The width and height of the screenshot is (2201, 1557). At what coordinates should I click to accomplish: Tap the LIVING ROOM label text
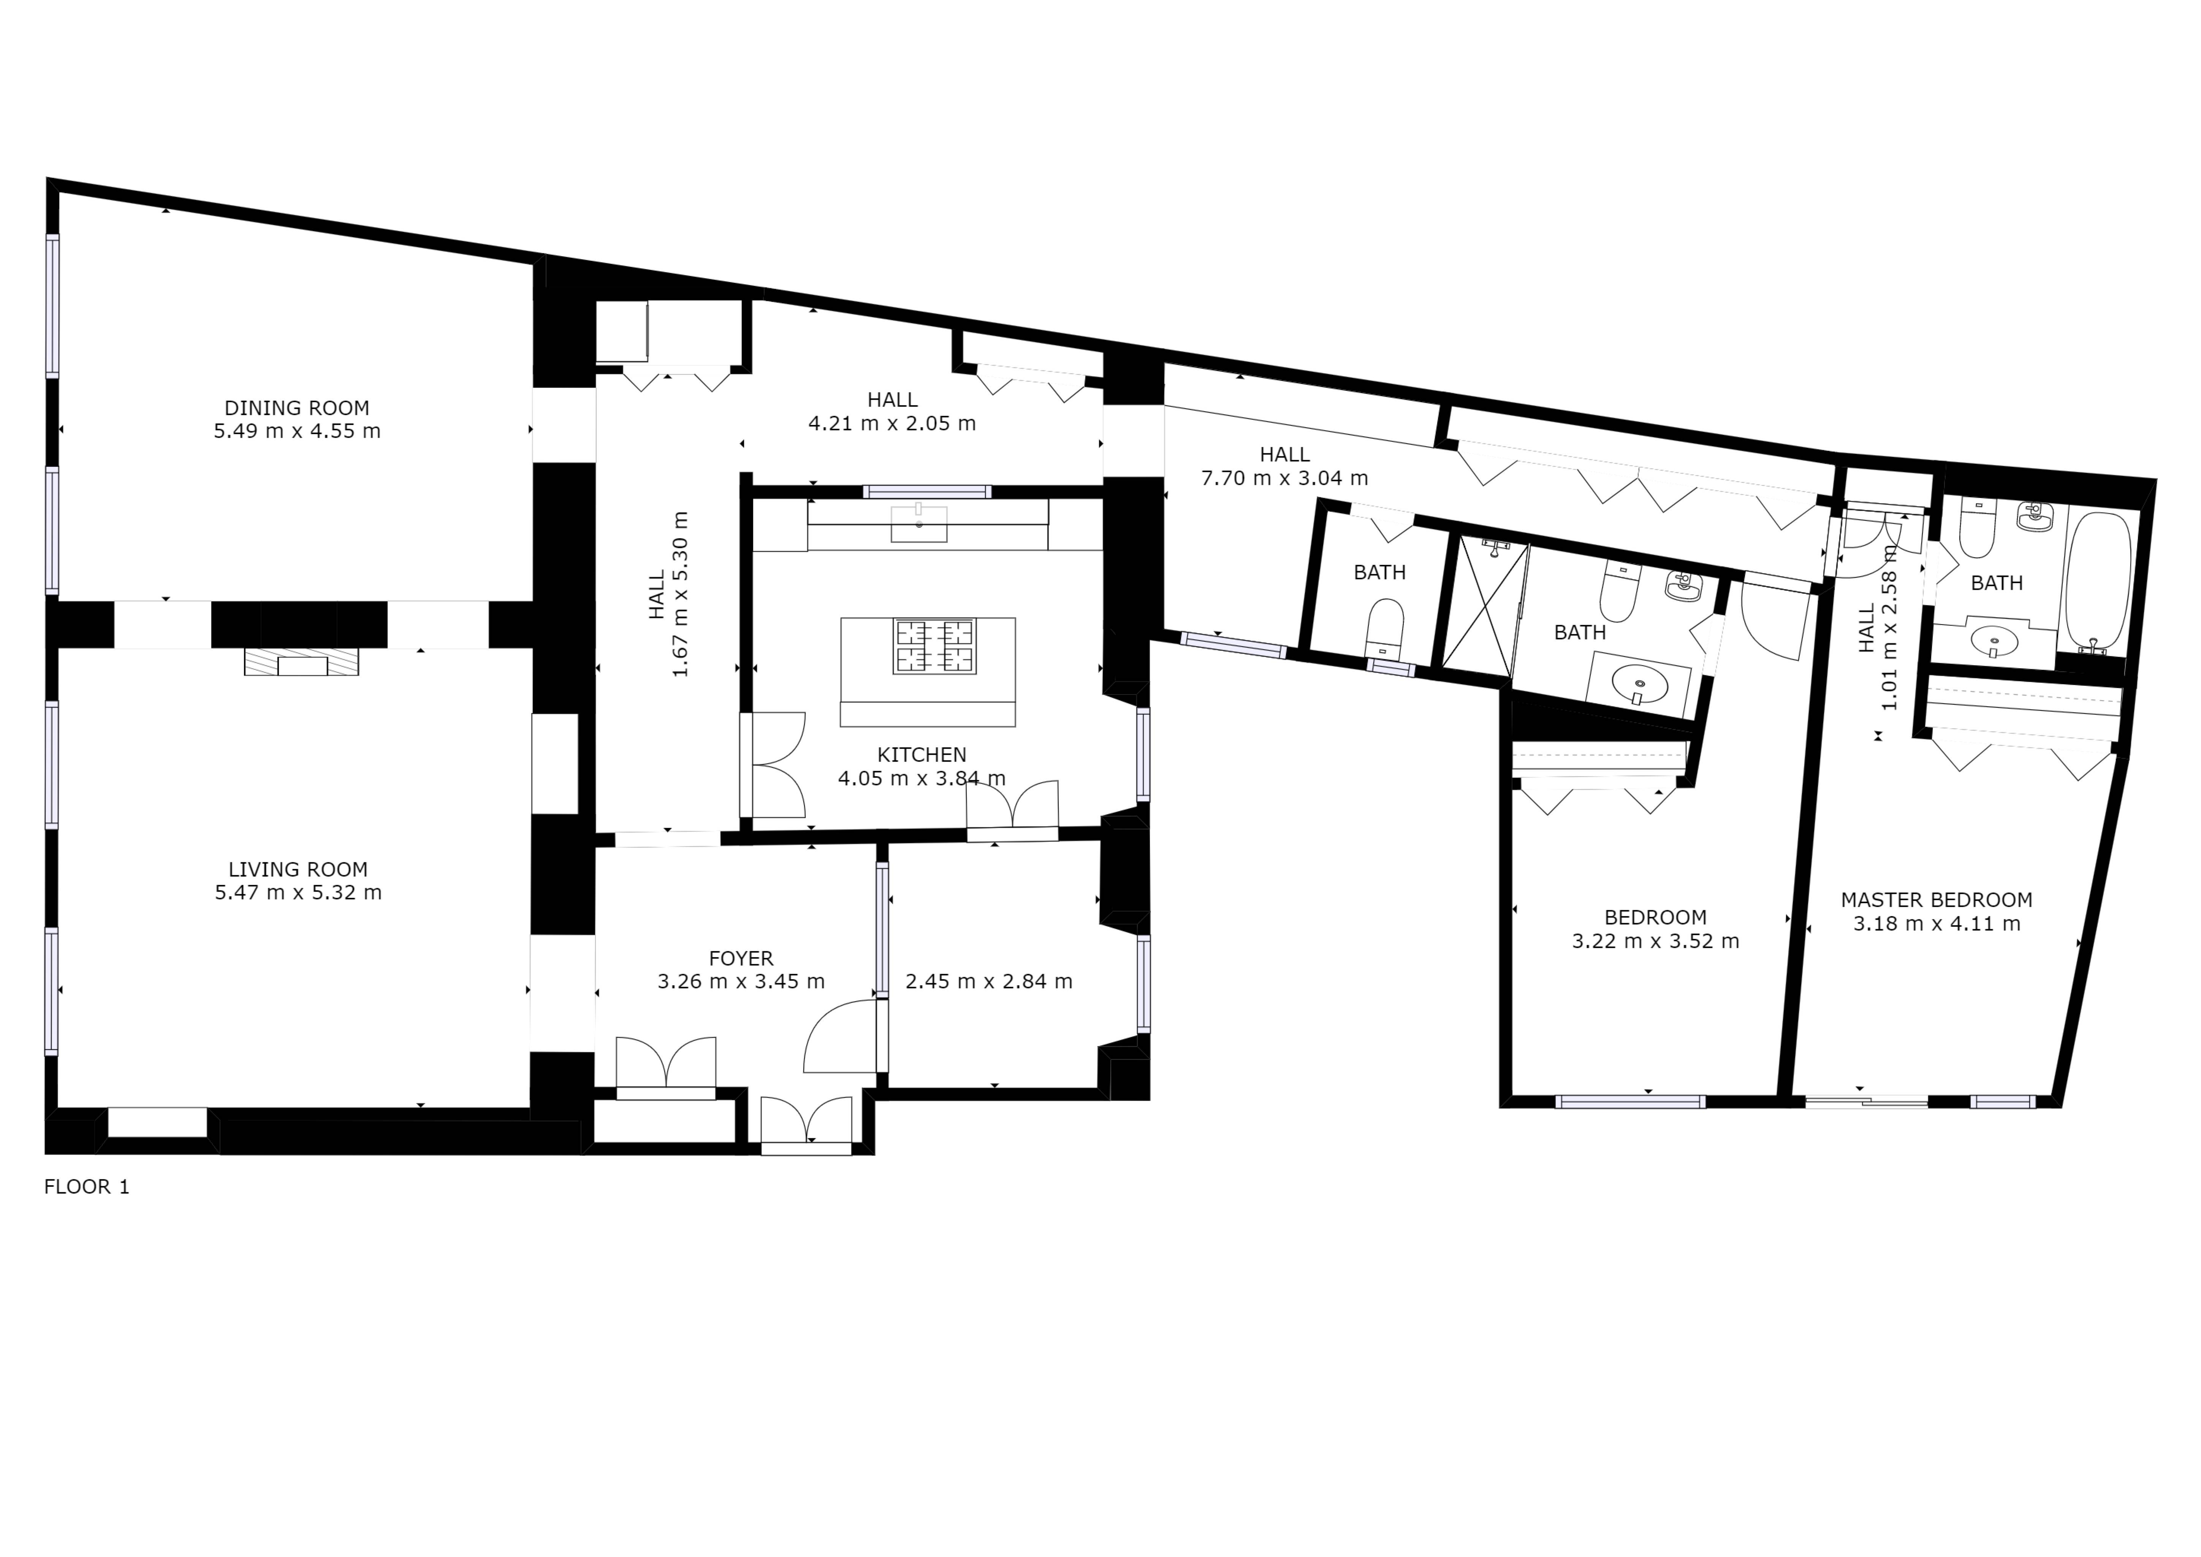point(298,870)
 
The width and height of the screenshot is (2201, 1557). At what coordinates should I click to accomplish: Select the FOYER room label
point(741,958)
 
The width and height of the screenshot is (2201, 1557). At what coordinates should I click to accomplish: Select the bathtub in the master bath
point(2098,582)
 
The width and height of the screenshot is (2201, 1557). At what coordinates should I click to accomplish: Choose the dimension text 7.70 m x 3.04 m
point(1284,477)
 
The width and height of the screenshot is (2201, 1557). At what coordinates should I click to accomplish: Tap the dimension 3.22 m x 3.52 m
point(1656,942)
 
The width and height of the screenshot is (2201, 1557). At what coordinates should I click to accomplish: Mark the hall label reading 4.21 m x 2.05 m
point(893,423)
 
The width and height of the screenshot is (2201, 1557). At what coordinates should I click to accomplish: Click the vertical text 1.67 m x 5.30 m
point(681,595)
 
